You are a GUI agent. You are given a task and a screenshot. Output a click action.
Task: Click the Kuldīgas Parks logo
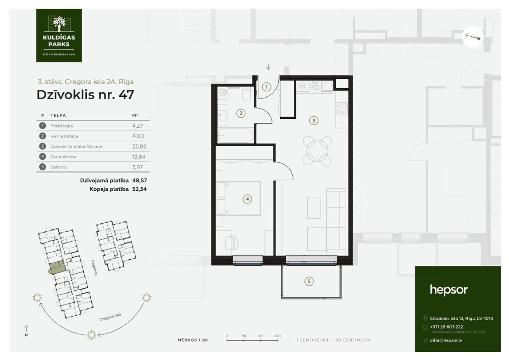tap(59, 35)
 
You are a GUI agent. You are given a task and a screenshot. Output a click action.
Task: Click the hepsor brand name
tap(448, 290)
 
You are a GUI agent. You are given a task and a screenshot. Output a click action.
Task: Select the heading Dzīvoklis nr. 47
tap(85, 94)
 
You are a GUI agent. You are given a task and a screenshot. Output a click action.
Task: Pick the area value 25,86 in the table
tap(139, 146)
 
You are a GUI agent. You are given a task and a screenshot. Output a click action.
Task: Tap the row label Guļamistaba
tap(63, 157)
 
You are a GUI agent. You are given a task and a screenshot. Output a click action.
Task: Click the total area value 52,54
tap(139, 189)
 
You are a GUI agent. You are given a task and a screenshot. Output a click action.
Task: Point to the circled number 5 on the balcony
tap(309, 282)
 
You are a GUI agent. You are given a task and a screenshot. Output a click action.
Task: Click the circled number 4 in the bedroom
tap(247, 199)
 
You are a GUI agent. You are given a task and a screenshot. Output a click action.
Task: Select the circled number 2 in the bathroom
tap(241, 113)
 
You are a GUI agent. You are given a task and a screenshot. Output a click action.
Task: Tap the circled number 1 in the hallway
tap(266, 87)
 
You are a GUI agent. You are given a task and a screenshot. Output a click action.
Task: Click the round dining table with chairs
tap(317, 150)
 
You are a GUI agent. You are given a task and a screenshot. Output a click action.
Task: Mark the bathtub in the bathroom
tap(235, 136)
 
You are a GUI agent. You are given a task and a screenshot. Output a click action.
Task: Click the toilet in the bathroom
tap(246, 94)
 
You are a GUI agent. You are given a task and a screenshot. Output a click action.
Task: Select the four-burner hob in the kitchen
tap(342, 108)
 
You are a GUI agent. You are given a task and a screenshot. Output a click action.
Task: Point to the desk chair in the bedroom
tap(231, 242)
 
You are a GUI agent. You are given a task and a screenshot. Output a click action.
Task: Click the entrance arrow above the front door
tap(268, 66)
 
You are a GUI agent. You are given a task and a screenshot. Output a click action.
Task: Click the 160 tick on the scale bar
tap(260, 340)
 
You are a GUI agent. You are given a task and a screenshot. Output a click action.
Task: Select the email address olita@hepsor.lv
tap(446, 340)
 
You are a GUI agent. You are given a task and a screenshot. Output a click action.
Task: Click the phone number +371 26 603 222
tap(446, 327)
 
